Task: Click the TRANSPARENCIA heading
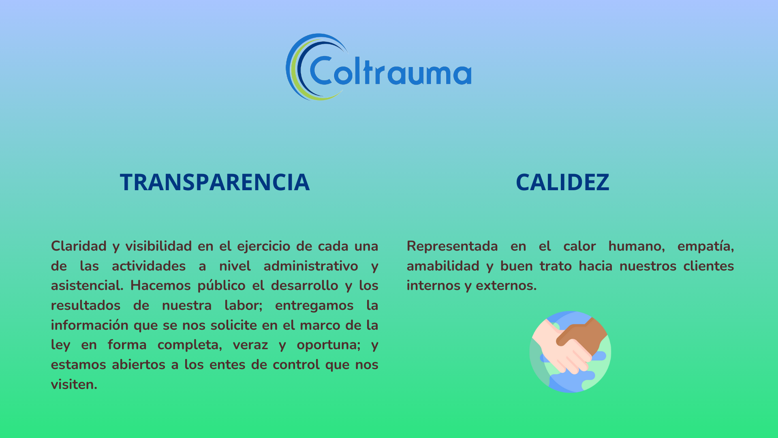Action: [x=215, y=182]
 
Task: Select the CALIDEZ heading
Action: [x=562, y=182]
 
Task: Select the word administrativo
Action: [x=311, y=266]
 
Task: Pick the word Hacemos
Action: [x=160, y=286]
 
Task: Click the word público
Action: [x=221, y=286]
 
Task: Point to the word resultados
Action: [x=85, y=305]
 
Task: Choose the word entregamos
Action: [x=314, y=305]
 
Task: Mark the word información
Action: [x=89, y=325]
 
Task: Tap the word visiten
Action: [x=74, y=384]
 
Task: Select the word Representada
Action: [x=452, y=246]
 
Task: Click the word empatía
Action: [x=705, y=246]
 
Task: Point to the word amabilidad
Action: [x=443, y=266]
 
